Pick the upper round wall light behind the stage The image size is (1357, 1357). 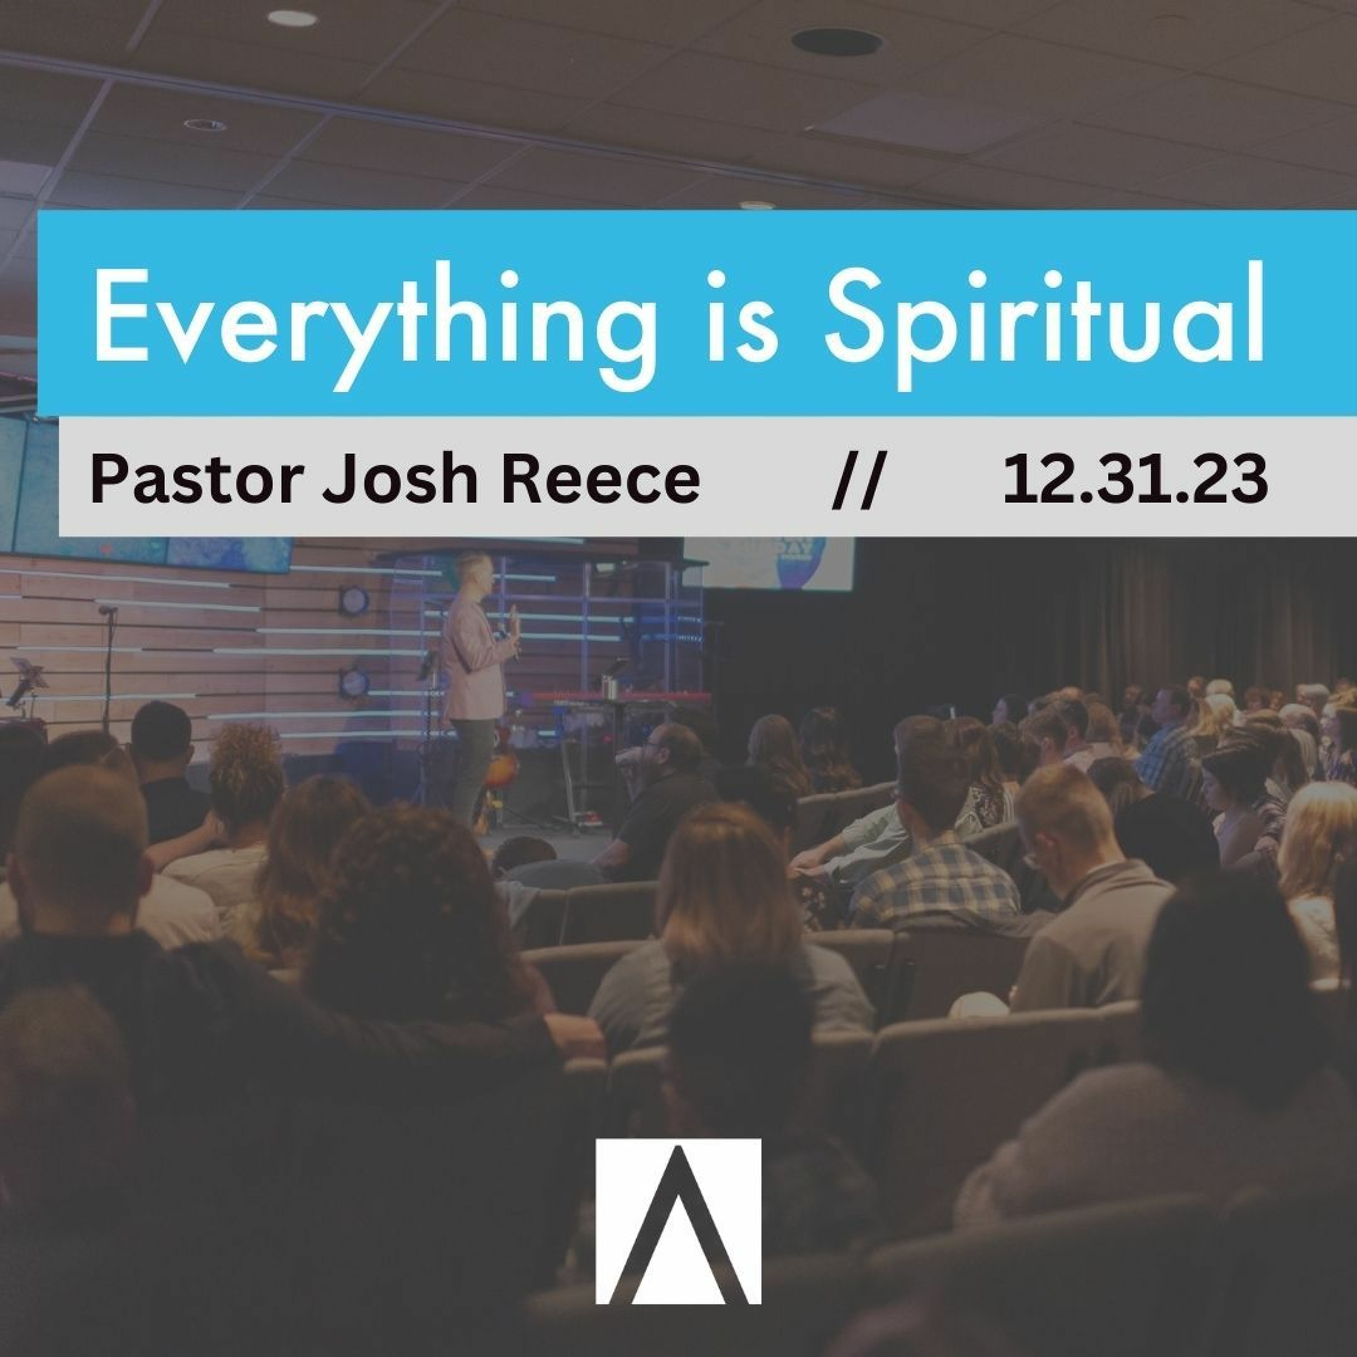tap(353, 601)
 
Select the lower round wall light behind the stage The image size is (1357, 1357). tap(353, 683)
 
